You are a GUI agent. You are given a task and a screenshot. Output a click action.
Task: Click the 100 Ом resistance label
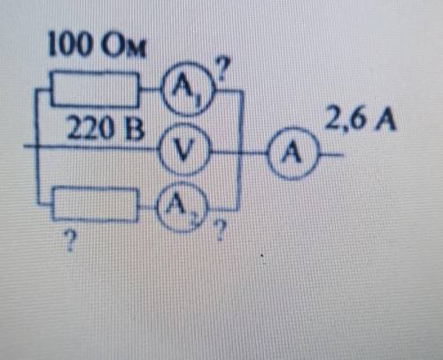pyautogui.click(x=97, y=43)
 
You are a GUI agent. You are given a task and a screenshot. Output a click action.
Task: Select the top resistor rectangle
pyautogui.click(x=95, y=72)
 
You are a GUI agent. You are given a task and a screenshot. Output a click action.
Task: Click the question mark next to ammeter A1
pyautogui.click(x=224, y=68)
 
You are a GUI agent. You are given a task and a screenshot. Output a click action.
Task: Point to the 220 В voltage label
pyautogui.click(x=105, y=128)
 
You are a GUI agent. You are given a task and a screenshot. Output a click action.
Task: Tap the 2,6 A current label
pyautogui.click(x=360, y=121)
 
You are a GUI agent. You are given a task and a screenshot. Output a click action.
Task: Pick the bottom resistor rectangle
pyautogui.click(x=95, y=188)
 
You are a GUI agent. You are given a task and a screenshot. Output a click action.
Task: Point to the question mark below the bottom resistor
pyautogui.click(x=70, y=240)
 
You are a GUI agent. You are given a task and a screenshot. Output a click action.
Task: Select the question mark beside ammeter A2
pyautogui.click(x=221, y=230)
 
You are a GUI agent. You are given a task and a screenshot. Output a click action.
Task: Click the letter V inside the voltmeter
pyautogui.click(x=183, y=150)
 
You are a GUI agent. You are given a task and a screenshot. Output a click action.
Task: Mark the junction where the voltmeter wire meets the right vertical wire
pyautogui.click(x=240, y=153)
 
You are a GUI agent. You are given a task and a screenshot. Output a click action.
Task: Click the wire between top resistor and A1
pyautogui.click(x=151, y=88)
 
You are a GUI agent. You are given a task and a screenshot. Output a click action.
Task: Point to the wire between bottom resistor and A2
pyautogui.click(x=147, y=207)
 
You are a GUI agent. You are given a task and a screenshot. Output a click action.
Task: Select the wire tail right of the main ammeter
pyautogui.click(x=331, y=154)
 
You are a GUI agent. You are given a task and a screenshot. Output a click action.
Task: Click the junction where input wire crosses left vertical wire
pyautogui.click(x=37, y=146)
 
